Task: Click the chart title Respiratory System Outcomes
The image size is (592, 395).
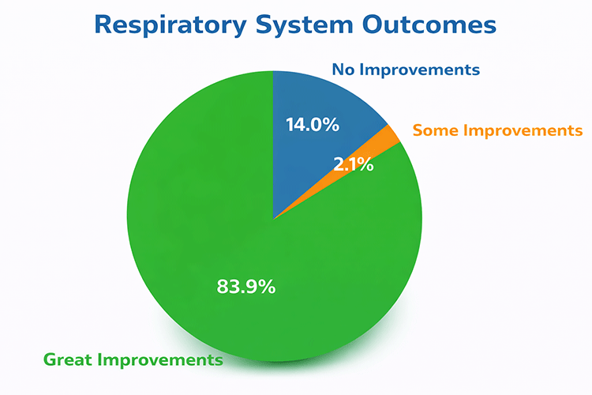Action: (x=295, y=24)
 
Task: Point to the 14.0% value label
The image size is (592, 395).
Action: (x=311, y=124)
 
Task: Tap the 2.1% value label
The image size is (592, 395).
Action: (x=353, y=166)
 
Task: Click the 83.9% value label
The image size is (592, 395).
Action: (x=246, y=287)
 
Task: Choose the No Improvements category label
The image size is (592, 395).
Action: (x=406, y=70)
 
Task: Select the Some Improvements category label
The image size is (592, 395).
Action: (x=497, y=130)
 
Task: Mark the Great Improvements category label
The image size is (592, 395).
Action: (x=133, y=360)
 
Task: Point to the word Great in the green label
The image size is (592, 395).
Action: (x=67, y=360)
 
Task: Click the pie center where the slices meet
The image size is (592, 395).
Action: (x=272, y=219)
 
